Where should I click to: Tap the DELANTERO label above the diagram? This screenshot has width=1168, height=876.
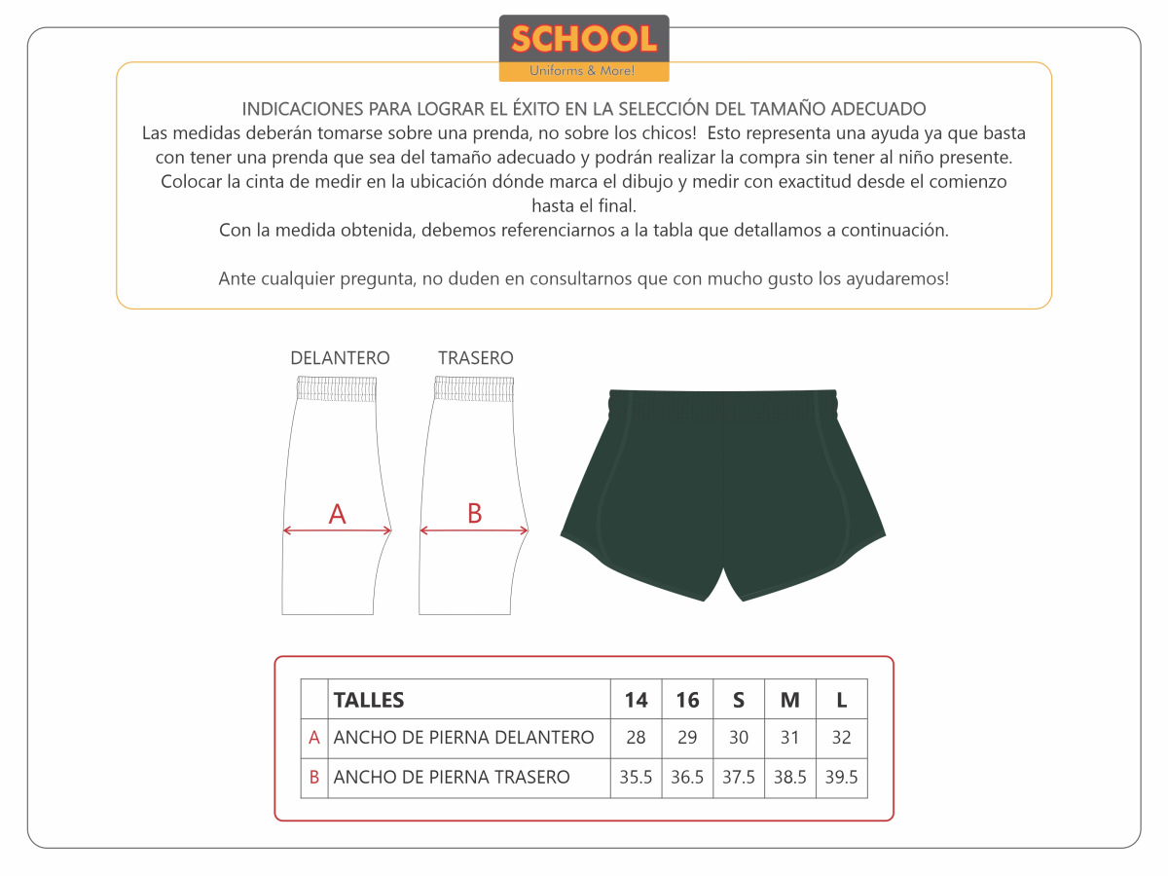[x=340, y=358]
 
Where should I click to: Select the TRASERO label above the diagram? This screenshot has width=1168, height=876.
[x=475, y=358]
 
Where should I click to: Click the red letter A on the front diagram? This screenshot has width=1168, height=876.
[x=337, y=514]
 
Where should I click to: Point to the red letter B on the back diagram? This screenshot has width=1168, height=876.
[x=474, y=513]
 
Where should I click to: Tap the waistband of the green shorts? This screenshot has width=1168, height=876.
[x=722, y=399]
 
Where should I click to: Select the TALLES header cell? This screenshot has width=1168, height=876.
[x=369, y=700]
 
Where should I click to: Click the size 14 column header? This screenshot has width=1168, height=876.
[x=636, y=700]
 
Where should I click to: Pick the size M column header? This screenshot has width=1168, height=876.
[x=790, y=700]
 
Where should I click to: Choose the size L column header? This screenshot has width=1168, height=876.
[x=841, y=700]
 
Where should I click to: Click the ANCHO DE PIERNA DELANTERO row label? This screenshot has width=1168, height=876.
[x=463, y=738]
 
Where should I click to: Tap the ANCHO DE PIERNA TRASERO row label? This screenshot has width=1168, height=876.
[x=452, y=778]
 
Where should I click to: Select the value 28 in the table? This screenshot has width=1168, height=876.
[x=636, y=738]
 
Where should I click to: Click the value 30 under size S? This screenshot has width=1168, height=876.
[x=739, y=738]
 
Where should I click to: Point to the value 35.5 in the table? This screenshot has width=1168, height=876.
[x=636, y=778]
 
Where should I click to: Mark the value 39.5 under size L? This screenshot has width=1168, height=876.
[x=841, y=778]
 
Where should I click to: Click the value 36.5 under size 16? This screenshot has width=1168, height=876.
[x=687, y=778]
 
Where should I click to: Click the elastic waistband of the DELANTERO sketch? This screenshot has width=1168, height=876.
[x=336, y=389]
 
